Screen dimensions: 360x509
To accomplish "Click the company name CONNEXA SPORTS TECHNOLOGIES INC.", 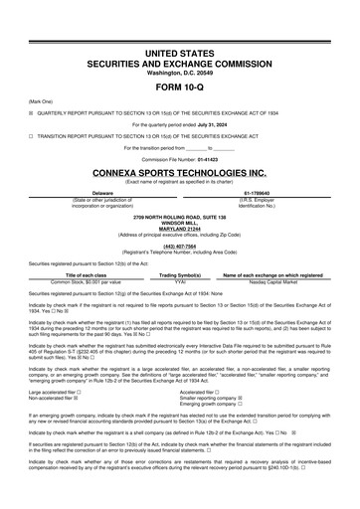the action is pos(179,171).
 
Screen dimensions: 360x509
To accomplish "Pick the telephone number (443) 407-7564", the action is pos(179,247).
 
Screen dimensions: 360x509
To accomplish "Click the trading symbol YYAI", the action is pos(180,281).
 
